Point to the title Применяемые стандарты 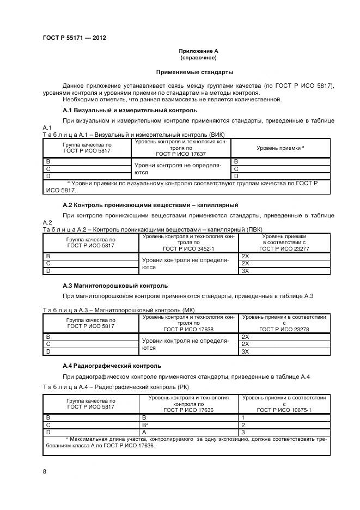click(x=194, y=72)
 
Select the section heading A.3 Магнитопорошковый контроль click(x=115, y=286)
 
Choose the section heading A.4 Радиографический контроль click(x=112, y=366)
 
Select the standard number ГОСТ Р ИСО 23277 click(x=284, y=249)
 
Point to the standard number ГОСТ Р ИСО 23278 click(x=284, y=329)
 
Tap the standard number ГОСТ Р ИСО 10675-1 click(x=284, y=409)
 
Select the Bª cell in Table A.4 click(x=145, y=424)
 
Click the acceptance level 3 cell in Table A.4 click(x=243, y=432)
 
